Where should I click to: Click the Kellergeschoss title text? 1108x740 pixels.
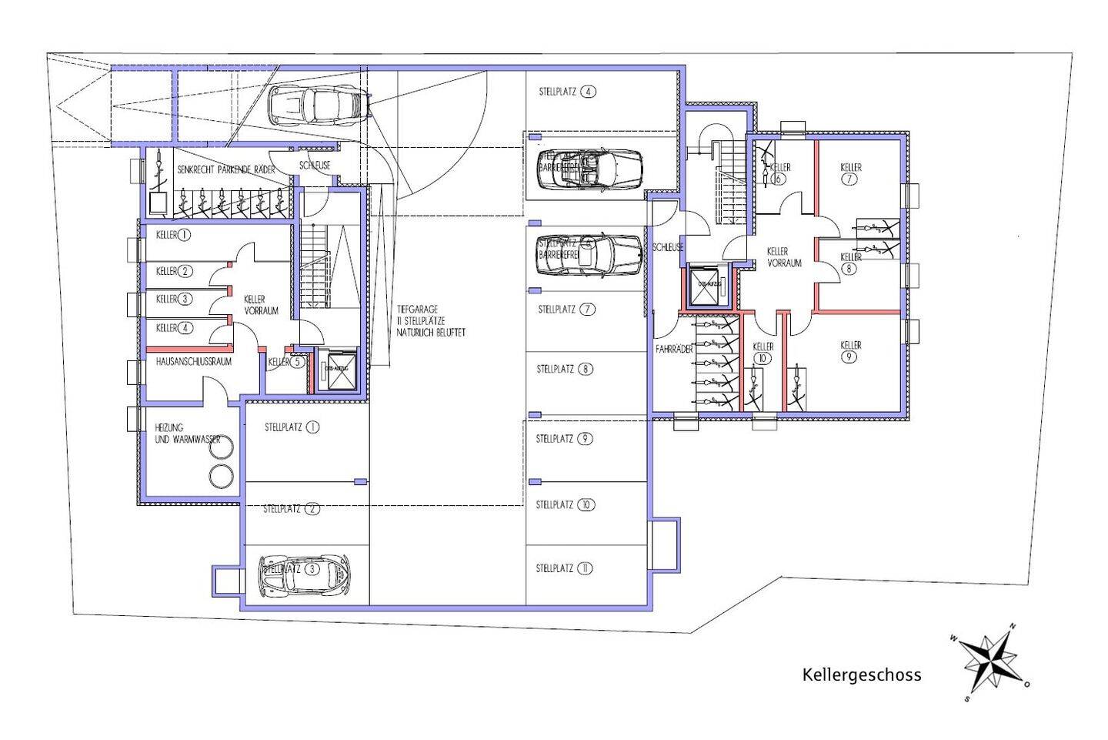861,675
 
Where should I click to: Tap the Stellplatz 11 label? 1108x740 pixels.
564,568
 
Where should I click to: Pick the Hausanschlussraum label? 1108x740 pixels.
193,360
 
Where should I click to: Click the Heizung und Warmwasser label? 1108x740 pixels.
188,434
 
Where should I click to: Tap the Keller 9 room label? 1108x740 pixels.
850,351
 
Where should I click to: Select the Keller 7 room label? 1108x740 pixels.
850,173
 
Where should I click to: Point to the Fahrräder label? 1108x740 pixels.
674,349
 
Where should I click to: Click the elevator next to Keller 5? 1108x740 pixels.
336,371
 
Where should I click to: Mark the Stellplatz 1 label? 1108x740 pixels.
292,427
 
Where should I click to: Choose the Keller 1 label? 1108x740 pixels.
172,235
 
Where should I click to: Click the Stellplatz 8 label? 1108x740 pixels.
565,369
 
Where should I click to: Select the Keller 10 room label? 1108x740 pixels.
763,353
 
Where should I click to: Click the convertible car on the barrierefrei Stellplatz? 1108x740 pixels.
589,169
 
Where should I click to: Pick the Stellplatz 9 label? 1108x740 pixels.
564,439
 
